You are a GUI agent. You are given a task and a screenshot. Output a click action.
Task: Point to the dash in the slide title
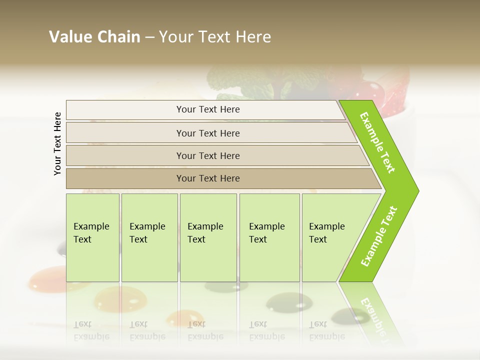point(149,37)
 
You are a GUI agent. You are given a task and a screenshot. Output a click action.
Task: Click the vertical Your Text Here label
point(57,143)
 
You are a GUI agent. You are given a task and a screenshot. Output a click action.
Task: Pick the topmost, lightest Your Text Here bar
point(208,109)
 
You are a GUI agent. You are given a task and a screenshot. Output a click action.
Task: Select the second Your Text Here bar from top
point(208,133)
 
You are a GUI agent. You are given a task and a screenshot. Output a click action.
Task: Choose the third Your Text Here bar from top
point(208,155)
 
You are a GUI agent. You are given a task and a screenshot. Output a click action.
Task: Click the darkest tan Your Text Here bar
point(208,178)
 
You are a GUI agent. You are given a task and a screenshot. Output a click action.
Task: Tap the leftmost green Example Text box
point(92,237)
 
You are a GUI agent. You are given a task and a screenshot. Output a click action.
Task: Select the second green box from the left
point(149,237)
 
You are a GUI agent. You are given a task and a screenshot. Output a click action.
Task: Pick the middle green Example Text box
point(208,237)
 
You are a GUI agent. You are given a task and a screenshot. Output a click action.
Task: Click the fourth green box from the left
point(269,237)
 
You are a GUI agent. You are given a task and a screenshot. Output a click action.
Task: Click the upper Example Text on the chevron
point(377,142)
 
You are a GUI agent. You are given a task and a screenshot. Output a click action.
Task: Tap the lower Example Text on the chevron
point(379,236)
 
